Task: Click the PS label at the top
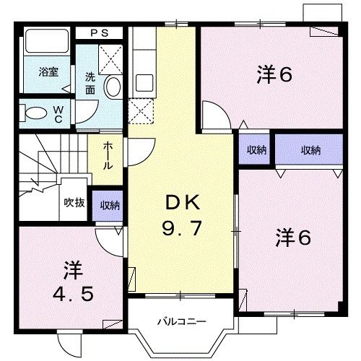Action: coord(100,33)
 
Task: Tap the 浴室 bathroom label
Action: coord(48,71)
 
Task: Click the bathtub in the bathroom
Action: coord(47,41)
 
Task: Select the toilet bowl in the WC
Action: coord(36,113)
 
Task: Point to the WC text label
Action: coord(58,114)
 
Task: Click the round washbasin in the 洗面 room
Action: coord(113,86)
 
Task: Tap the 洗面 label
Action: coord(90,84)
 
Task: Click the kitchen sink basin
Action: coord(144,83)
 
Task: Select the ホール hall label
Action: coord(108,156)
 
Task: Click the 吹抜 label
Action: coord(74,203)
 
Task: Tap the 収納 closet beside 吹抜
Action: coord(108,206)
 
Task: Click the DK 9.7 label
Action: coord(182,215)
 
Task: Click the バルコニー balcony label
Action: coord(182,321)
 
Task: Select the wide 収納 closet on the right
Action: coord(309,149)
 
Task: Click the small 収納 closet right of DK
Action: coord(254,149)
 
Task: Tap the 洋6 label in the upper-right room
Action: coord(274,74)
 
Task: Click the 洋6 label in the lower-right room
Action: coord(293,238)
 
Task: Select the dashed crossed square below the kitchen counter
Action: coord(141,111)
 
